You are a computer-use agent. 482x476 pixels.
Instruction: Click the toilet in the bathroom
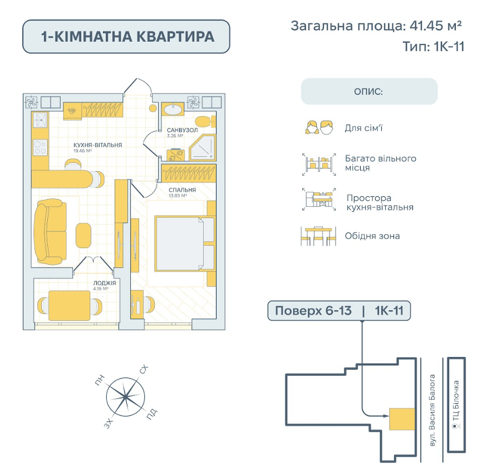[x=205, y=122]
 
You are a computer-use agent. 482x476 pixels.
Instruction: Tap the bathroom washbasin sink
[x=173, y=108]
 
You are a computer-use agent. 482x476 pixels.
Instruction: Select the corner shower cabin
[x=202, y=147]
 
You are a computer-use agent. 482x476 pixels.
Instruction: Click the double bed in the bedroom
[x=184, y=244]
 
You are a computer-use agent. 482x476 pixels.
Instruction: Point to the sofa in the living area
[x=50, y=232]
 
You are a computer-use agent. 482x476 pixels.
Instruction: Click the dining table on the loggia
[x=69, y=305]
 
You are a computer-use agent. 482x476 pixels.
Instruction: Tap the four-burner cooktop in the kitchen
[x=40, y=147]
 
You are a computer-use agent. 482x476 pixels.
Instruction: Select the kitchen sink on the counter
[x=40, y=120]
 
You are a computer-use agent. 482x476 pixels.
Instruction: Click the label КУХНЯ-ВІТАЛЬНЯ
[x=97, y=145]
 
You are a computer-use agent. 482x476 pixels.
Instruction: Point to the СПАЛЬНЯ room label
[x=182, y=190]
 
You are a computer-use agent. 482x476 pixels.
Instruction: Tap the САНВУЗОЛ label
[x=183, y=130]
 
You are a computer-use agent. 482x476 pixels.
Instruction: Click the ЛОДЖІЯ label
[x=105, y=283]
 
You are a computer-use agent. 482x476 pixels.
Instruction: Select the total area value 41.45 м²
[x=436, y=26]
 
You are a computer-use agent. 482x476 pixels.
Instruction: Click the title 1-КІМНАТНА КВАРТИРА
[x=127, y=37]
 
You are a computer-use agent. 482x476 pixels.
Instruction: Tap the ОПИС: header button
[x=369, y=92]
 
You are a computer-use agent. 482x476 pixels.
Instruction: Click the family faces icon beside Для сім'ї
[x=319, y=127]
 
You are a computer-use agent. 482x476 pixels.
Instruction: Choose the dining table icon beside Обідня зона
[x=318, y=236]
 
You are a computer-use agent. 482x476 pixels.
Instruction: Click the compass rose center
[x=125, y=397]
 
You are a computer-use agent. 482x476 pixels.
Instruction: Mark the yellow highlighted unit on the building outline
[x=402, y=419]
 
